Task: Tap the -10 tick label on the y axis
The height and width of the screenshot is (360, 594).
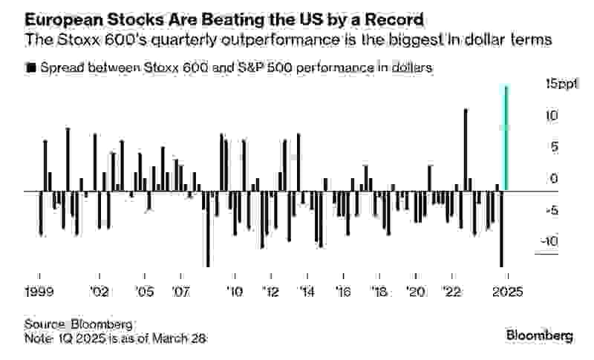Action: click(x=549, y=242)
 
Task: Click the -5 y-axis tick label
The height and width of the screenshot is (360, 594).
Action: click(x=551, y=210)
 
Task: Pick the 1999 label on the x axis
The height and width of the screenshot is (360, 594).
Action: click(x=39, y=292)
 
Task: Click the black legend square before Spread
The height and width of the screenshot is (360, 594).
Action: click(x=30, y=68)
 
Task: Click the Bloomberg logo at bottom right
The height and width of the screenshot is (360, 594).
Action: click(x=539, y=336)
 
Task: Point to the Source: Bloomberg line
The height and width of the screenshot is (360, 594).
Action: click(x=79, y=325)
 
